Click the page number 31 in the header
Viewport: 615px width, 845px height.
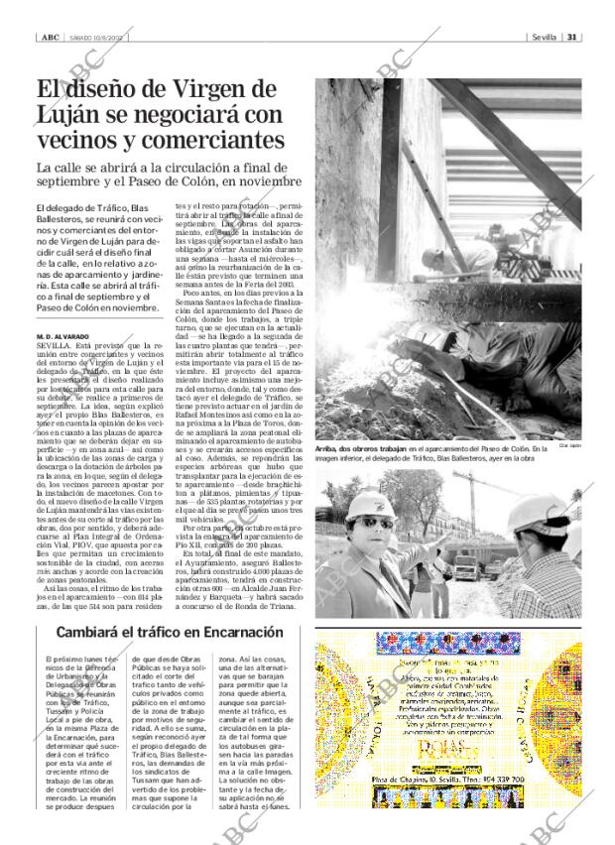[572, 38]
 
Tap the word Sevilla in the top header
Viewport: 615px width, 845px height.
[544, 38]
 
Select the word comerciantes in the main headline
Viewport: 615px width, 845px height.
[217, 142]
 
